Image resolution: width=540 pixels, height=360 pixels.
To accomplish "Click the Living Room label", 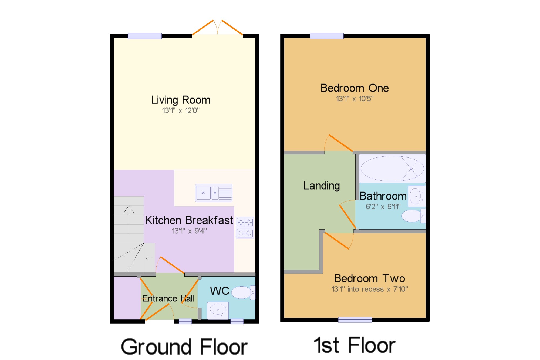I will click(180, 100).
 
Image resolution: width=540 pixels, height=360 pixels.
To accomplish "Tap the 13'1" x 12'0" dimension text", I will click(181, 110).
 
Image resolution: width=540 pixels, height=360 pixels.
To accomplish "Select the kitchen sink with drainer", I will click(214, 193).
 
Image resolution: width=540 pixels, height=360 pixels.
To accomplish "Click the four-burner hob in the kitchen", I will click(245, 227).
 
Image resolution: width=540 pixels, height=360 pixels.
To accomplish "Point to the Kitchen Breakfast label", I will click(189, 220).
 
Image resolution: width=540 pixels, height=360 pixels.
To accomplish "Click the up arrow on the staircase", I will click(129, 210).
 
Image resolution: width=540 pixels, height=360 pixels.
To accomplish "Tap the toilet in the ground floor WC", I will click(242, 292).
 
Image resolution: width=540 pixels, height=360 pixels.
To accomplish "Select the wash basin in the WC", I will click(218, 310).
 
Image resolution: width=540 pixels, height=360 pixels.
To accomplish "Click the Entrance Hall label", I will click(168, 298).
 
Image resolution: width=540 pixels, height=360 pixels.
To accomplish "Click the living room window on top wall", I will click(145, 36).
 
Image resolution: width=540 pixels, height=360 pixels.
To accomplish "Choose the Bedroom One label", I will click(354, 88).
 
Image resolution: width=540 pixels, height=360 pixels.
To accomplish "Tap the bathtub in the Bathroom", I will click(392, 169).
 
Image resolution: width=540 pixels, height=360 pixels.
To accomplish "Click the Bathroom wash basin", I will click(416, 196).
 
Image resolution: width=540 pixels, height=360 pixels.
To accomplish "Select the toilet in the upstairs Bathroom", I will click(413, 216).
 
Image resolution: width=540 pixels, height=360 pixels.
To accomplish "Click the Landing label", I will click(321, 186).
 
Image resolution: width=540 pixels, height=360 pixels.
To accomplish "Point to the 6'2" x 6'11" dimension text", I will click(383, 207).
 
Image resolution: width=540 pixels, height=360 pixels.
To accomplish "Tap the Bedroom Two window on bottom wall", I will click(355, 320).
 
